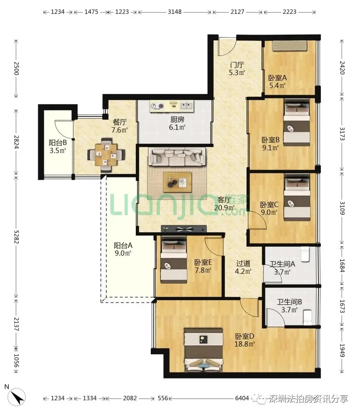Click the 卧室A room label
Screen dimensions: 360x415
pyautogui.click(x=277, y=78)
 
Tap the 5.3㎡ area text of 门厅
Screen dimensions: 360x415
pyautogui.click(x=237, y=73)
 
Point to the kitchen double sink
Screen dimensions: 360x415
pyautogui.click(x=187, y=106)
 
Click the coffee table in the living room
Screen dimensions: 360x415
pyautogui.click(x=177, y=182)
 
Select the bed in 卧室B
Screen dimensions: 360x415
pyautogui.click(x=297, y=123)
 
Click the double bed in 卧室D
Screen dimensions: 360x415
pyautogui.click(x=203, y=350)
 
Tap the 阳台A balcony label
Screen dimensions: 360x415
pyautogui.click(x=123, y=245)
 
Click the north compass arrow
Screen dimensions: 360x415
pyautogui.click(x=17, y=397)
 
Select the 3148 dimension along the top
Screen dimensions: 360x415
pyautogui.click(x=175, y=12)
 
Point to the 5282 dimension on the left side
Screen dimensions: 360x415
pyautogui.click(x=16, y=237)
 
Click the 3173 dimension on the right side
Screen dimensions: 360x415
pyautogui.click(x=342, y=134)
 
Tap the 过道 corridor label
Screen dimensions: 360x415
pyautogui.click(x=243, y=263)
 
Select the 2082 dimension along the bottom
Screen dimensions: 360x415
pyautogui.click(x=130, y=398)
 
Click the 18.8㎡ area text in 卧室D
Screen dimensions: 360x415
pyautogui.click(x=245, y=344)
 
